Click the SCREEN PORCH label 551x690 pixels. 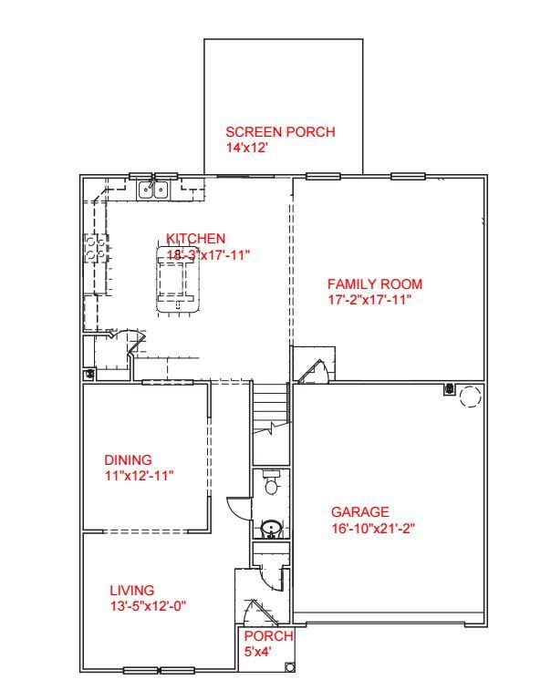(280, 132)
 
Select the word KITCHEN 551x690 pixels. (195, 239)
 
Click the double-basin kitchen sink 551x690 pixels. (153, 190)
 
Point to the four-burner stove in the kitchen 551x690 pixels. (95, 248)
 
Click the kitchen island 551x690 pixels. (178, 282)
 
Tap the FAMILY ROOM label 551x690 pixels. (375, 284)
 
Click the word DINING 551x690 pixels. (128, 460)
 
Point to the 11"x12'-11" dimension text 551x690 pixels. (139, 476)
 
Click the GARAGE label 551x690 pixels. (359, 512)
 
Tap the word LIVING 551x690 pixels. (132, 590)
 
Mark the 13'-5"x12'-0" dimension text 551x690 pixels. (149, 605)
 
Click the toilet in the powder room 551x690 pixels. (270, 483)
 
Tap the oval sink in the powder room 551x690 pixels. (270, 528)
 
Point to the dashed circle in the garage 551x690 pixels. (470, 396)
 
